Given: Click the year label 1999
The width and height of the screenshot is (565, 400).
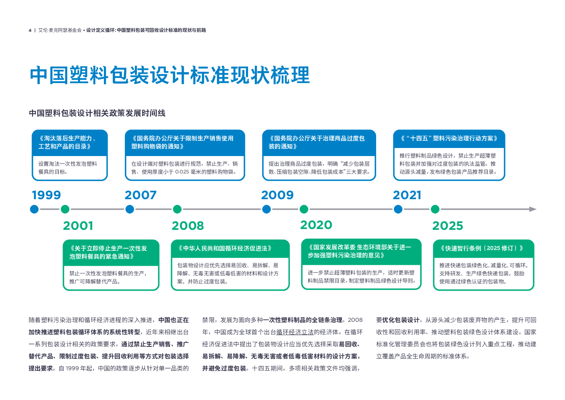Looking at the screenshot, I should [46, 195].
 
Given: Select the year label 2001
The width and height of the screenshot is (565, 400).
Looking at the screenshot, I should [78, 226].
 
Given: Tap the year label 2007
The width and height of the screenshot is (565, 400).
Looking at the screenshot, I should [141, 195].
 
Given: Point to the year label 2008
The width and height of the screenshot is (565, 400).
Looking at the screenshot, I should [188, 226].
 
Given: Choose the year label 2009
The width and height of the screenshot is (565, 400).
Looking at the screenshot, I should [277, 195].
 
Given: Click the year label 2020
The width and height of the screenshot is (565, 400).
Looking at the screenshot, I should [316, 225].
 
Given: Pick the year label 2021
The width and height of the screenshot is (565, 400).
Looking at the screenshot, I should [407, 195].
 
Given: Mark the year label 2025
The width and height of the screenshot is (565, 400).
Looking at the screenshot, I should [447, 226].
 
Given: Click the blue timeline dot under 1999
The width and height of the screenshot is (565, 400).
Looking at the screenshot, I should [34, 209].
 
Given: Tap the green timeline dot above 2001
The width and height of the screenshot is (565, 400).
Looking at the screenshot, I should [65, 209].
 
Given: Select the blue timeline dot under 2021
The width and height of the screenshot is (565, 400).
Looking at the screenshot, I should [398, 209].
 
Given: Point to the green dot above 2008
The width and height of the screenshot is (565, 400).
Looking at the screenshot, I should [177, 209].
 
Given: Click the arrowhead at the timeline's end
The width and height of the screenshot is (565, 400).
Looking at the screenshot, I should [533, 209].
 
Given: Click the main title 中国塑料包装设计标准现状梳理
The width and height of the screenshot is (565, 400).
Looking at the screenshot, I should [170, 75].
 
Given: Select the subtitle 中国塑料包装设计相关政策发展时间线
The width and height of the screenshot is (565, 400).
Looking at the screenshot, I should [97, 113].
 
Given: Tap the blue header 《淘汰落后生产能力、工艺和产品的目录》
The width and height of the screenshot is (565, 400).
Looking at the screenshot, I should [69, 142].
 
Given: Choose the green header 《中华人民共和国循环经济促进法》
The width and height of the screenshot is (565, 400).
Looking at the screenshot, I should [225, 248].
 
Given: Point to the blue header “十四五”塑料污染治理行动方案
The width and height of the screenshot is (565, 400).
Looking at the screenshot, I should [449, 138].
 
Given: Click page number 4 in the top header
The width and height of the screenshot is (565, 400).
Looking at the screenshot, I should [30, 30].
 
